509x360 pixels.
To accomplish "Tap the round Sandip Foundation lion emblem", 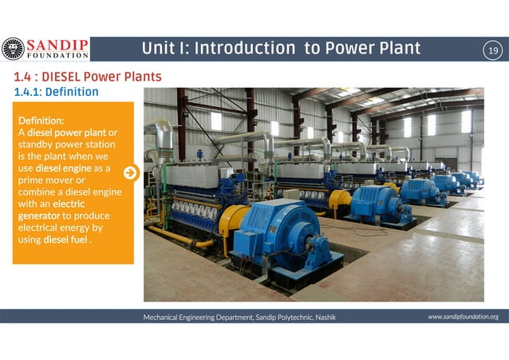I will tap(13, 49).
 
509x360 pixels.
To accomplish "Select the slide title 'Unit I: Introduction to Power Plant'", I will tap(281, 49).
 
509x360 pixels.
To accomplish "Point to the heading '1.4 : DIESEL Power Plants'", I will tap(86, 77).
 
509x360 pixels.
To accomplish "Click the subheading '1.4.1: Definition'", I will tap(56, 92).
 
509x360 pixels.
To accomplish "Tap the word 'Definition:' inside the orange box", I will tap(41, 120).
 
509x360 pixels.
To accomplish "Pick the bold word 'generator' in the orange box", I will tap(39, 216).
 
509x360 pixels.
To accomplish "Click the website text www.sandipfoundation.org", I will tap(463, 317).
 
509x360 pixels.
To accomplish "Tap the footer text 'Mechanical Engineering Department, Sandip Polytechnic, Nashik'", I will tap(239, 317).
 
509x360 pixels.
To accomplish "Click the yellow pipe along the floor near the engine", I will tap(180, 237).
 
